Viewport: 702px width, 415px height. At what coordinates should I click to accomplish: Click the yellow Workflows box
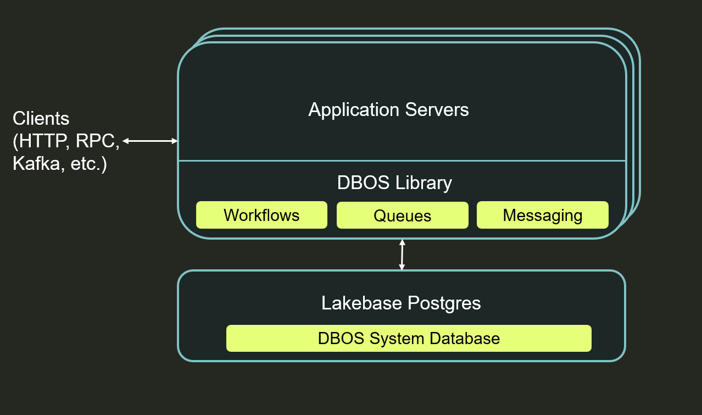tap(261, 215)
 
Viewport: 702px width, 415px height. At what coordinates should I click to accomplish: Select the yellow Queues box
tap(402, 215)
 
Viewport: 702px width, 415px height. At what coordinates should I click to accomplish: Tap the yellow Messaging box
tap(542, 215)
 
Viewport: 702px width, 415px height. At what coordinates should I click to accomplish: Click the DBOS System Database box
tap(409, 338)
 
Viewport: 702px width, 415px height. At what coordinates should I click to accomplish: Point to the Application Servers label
tap(388, 109)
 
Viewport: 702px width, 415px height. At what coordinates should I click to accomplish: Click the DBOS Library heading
tap(394, 182)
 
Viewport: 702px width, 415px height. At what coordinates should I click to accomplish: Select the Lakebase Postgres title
tap(401, 303)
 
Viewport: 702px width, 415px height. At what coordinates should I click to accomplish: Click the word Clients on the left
tap(41, 118)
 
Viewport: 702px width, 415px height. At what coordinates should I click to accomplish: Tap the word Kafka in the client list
tap(36, 164)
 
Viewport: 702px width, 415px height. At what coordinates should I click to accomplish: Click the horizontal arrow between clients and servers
tap(150, 141)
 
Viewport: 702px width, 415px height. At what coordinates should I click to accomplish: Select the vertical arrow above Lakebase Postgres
tap(402, 254)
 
